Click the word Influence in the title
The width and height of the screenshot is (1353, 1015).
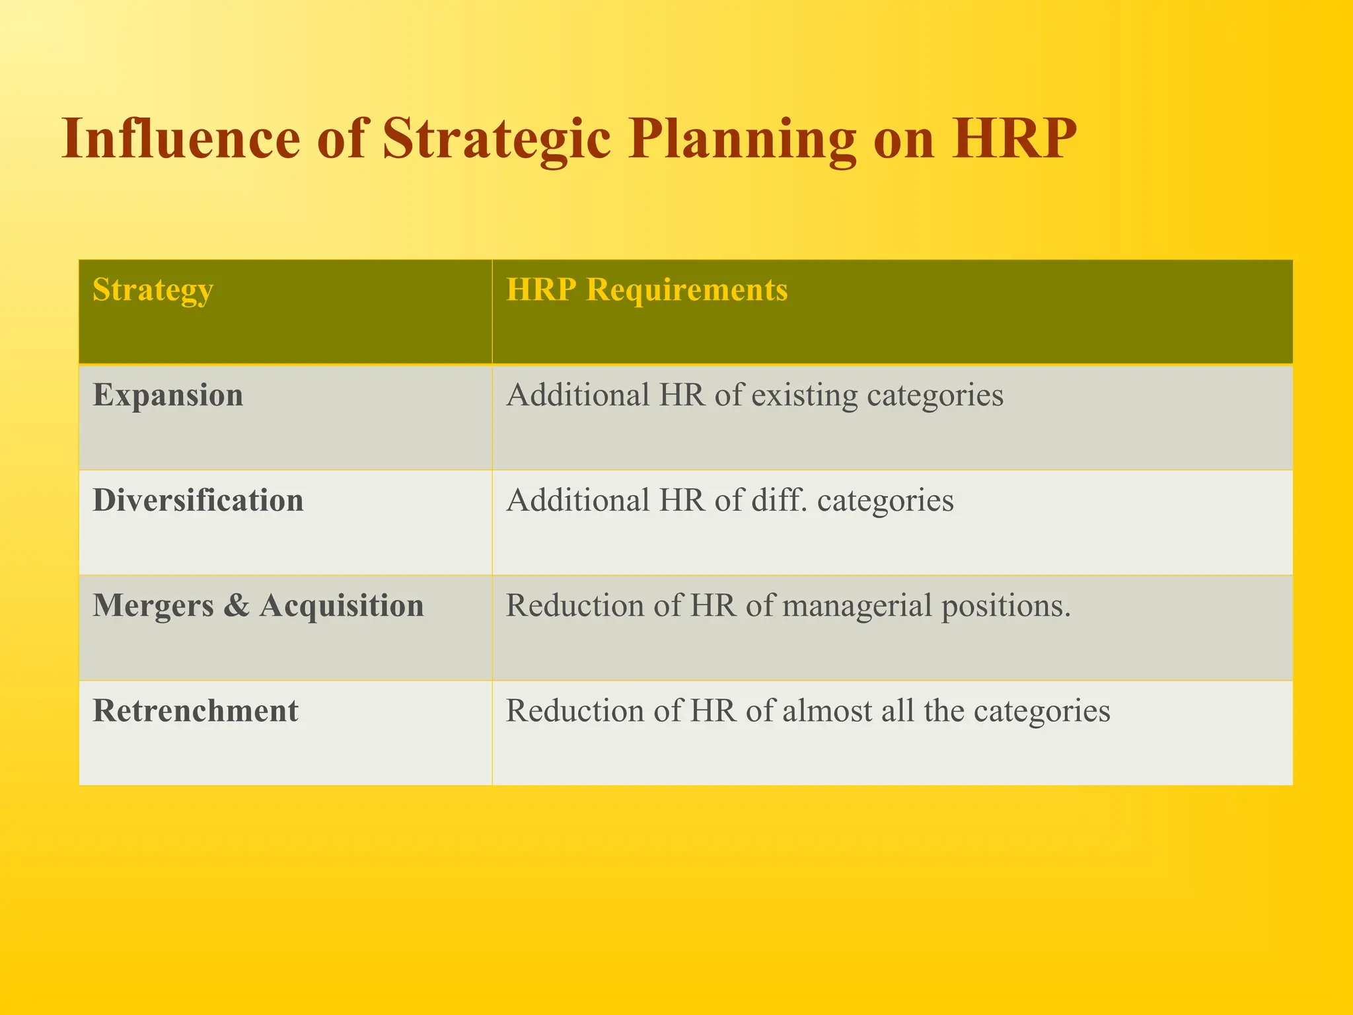(x=180, y=139)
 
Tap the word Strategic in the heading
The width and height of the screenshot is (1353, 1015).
(x=496, y=140)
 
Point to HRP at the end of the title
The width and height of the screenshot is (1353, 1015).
(x=1014, y=139)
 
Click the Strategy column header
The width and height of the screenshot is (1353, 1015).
(x=153, y=290)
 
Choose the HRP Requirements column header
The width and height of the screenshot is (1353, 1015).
(x=647, y=290)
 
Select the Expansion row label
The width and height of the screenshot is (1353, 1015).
(x=168, y=395)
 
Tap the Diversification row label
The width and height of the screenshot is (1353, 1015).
(x=198, y=500)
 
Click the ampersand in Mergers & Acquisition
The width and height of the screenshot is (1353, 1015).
(x=237, y=606)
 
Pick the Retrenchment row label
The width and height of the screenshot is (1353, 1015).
(x=196, y=711)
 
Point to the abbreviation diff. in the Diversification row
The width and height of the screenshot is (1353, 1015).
(x=780, y=500)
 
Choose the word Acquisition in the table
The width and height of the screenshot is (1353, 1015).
(x=342, y=606)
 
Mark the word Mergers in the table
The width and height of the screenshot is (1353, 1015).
(x=153, y=606)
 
